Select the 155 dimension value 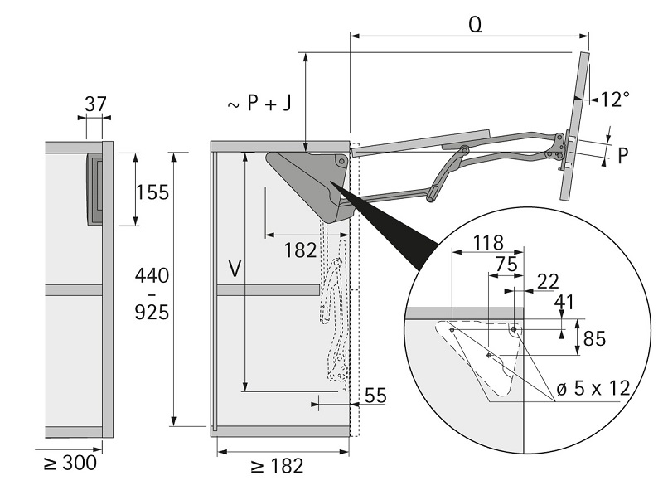152,192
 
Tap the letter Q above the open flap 475,23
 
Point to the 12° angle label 615,100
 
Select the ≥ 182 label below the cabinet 276,465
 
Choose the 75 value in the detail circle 506,264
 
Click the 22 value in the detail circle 548,282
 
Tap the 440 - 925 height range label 152,294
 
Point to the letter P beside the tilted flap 622,155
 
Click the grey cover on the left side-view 95,189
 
